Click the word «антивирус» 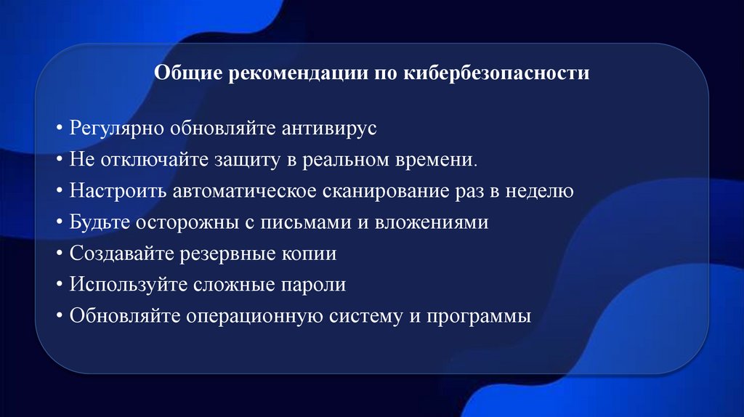(x=315, y=128)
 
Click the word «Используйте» (x=128, y=286)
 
